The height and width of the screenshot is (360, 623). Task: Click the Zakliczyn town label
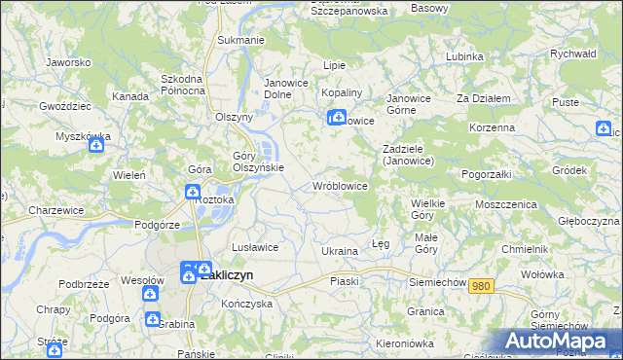(227, 275)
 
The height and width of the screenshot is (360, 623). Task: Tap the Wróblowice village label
(339, 185)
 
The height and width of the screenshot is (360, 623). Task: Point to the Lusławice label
(254, 247)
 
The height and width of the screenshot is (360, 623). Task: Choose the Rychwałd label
(572, 54)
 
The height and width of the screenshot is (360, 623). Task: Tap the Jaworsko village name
(68, 62)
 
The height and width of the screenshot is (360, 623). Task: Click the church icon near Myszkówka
(96, 147)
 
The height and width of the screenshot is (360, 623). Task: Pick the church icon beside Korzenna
(605, 128)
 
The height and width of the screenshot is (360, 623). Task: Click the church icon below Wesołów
(151, 293)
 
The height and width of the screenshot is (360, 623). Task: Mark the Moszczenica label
(506, 205)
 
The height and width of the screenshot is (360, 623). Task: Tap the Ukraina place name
(340, 251)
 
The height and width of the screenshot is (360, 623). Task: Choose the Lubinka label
(464, 56)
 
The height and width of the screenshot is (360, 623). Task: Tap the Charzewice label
(54, 209)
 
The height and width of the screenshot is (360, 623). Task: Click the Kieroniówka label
(403, 343)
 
